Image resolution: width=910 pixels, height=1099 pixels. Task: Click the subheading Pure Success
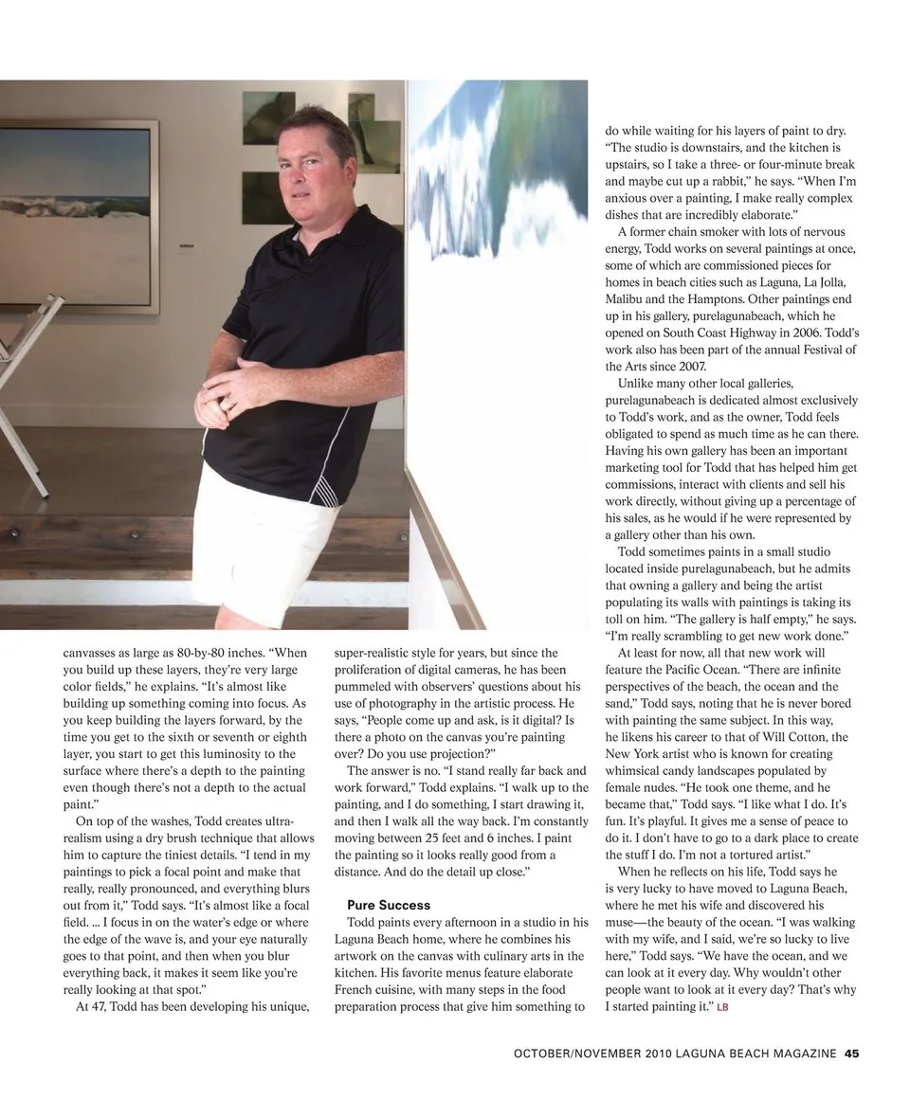pos(389,905)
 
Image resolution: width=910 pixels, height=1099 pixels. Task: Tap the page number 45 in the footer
pos(852,1053)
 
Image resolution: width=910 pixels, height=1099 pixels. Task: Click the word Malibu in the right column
pos(626,299)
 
